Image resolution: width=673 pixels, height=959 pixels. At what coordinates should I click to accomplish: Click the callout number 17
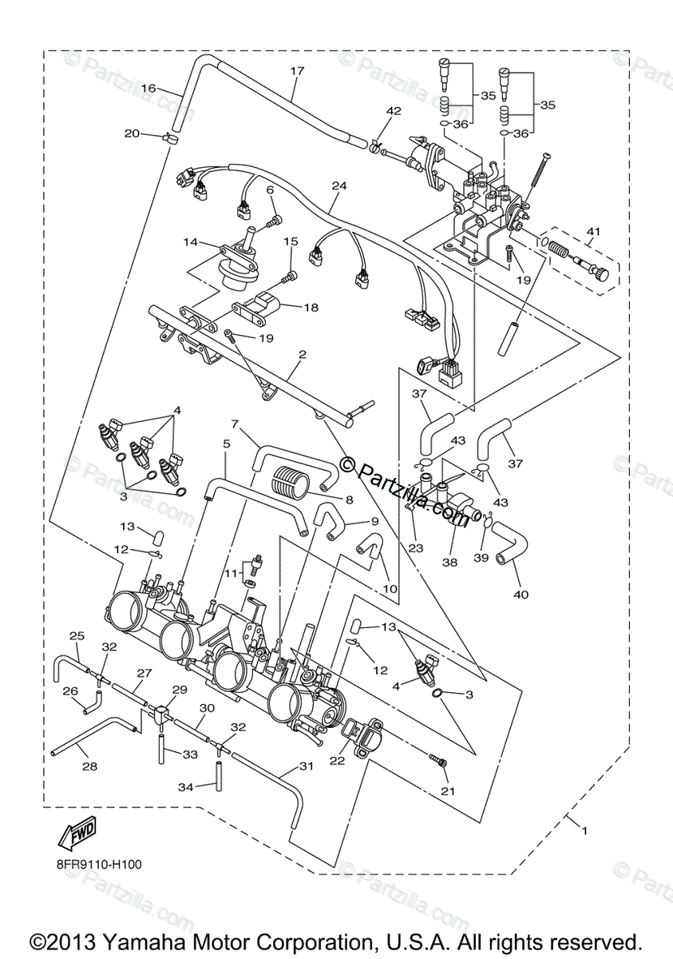coord(297,71)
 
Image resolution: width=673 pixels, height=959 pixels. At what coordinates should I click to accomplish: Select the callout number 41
coord(592,232)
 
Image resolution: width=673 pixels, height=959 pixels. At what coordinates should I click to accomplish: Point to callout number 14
coord(190,241)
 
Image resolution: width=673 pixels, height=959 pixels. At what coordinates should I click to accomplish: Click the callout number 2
coord(302,352)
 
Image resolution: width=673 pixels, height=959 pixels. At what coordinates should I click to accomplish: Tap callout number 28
coord(89,766)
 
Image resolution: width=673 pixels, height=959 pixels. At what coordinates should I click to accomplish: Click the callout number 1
coord(584,831)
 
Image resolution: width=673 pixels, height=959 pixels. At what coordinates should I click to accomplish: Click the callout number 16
coord(148,88)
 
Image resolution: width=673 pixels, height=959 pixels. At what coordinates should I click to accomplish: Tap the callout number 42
coord(394,111)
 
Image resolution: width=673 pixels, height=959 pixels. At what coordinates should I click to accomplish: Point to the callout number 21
coord(445,790)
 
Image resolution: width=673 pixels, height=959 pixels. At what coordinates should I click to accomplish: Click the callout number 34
coord(184,787)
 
